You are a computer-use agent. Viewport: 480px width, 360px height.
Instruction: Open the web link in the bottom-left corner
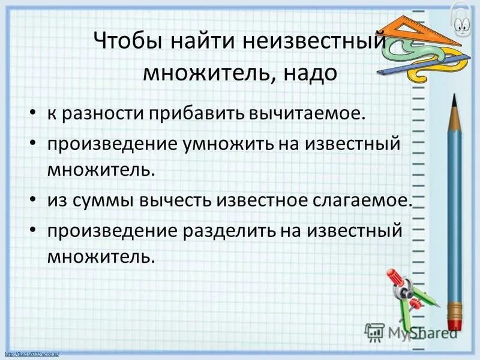click(36, 355)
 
